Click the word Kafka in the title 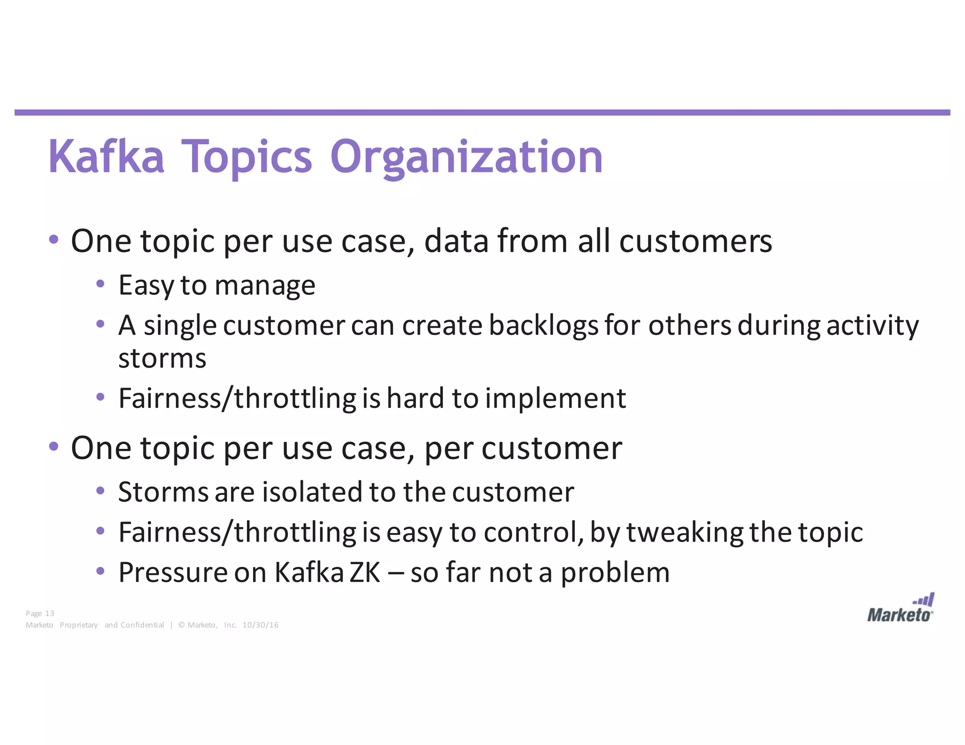(x=106, y=157)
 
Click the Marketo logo (x=900, y=609)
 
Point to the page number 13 (x=49, y=613)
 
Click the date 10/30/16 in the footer (x=260, y=625)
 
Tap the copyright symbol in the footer (x=181, y=625)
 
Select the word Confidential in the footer (x=142, y=625)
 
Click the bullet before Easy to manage (x=100, y=284)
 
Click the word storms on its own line (x=162, y=359)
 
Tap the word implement (x=555, y=398)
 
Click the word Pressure (x=173, y=573)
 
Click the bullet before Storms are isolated (x=100, y=491)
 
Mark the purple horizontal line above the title (x=482, y=113)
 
